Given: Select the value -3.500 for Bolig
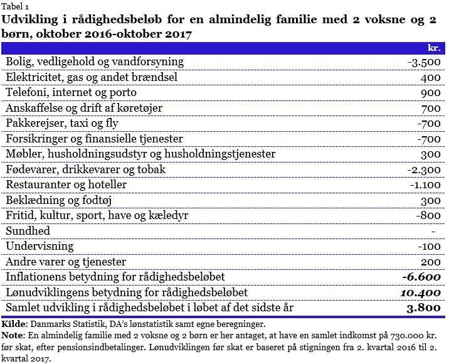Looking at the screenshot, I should point(424,62).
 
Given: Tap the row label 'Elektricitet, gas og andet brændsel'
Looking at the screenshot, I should point(91,77).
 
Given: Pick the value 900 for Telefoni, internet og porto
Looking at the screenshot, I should point(432,93).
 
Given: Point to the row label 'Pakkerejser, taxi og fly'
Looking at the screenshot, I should point(62,124).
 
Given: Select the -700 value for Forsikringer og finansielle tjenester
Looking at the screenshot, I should point(430,139).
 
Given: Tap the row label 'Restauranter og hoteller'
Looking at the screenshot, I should point(66,185).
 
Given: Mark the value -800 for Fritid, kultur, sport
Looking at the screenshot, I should point(430,216).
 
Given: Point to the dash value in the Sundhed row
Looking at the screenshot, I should point(441,231).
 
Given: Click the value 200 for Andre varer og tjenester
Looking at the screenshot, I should point(432,262).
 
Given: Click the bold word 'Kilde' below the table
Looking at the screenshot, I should point(14,324).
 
